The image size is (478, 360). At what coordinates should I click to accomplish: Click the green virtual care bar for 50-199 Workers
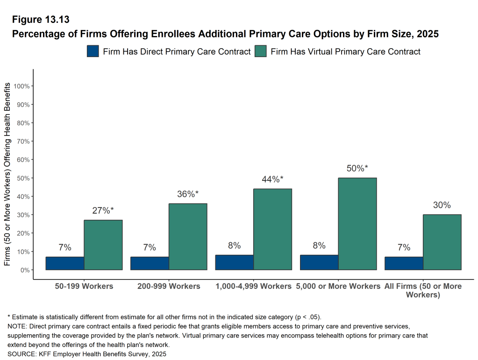coord(103,245)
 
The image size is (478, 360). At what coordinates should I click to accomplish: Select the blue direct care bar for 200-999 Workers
coord(150,263)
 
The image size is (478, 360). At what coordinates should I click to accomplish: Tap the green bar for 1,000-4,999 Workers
coord(273,229)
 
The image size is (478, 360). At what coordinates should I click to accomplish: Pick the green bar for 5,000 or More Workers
coord(357,224)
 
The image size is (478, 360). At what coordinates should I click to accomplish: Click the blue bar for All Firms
coord(404,263)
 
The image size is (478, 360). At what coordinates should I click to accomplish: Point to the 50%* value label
coord(357,168)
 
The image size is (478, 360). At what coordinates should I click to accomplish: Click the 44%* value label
coord(272,180)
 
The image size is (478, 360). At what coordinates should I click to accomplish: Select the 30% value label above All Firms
coord(442,205)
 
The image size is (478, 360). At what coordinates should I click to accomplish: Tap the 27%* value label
coord(103,210)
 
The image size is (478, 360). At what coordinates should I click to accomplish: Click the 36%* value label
coord(188,194)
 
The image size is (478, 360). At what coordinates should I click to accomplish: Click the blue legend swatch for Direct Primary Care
coord(93,51)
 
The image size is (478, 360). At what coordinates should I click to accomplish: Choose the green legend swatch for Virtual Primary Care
coord(260,51)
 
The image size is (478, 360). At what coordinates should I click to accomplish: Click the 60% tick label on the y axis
coord(23,160)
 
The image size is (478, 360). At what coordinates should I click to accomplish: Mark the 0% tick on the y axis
coord(25,270)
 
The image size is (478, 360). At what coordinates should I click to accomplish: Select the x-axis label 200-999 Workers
coord(169,286)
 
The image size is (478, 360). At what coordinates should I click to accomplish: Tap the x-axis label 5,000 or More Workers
coord(338,286)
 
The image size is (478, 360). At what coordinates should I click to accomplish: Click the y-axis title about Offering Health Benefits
coord(7,174)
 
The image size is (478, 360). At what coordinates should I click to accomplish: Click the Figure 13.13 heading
coord(41,20)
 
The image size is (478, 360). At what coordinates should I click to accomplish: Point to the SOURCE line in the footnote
coord(86,354)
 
